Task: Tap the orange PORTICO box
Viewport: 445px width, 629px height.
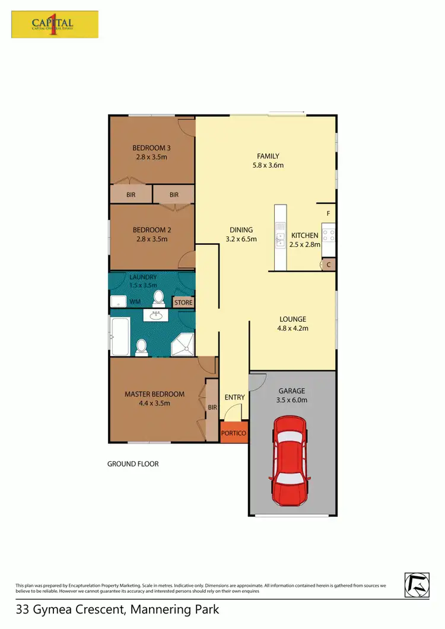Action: tap(233, 433)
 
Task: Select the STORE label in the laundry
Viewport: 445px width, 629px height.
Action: tap(183, 302)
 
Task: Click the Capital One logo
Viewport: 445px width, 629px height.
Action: tap(55, 24)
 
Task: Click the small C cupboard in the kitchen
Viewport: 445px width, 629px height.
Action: tap(328, 265)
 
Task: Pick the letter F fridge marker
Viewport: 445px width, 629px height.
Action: tap(328, 213)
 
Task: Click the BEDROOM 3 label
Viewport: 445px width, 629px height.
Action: tap(151, 148)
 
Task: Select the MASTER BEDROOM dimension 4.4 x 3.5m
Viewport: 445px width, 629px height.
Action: tap(154, 403)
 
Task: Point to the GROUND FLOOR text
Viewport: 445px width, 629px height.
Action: tap(133, 464)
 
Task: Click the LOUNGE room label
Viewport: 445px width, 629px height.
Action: tap(293, 319)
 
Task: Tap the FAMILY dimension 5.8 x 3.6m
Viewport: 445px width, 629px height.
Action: tap(268, 165)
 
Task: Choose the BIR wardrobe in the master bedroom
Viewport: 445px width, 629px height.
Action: tap(211, 408)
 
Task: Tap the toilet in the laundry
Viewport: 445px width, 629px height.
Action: tap(159, 296)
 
